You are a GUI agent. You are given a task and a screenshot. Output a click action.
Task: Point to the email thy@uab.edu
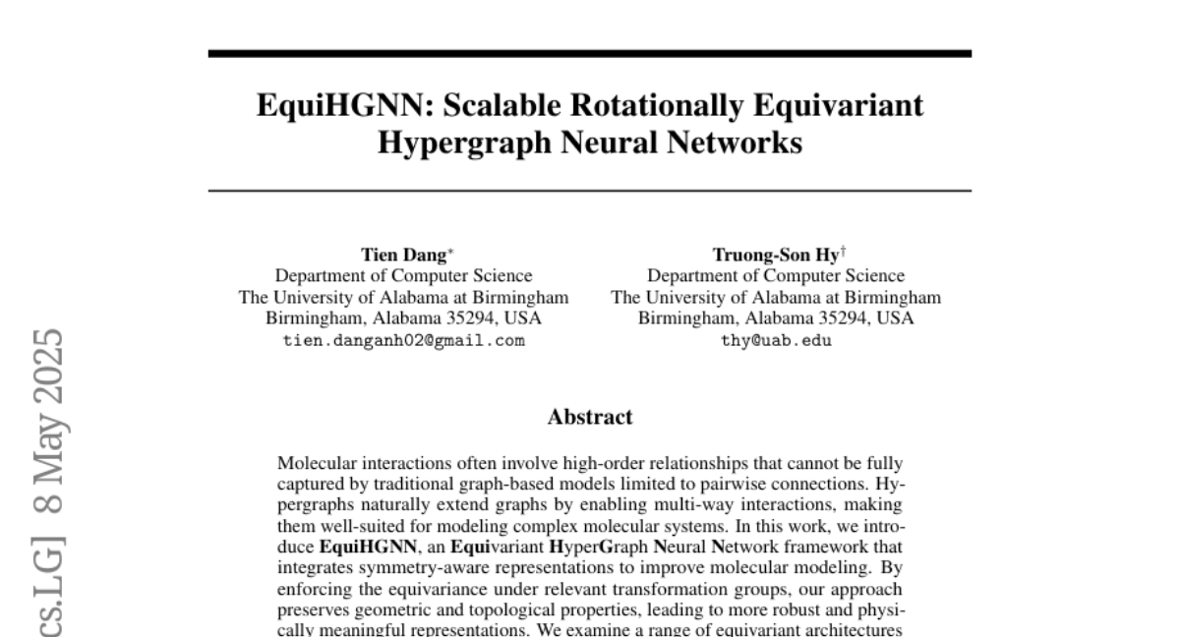(x=776, y=340)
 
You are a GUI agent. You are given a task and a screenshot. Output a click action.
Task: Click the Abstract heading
(x=590, y=418)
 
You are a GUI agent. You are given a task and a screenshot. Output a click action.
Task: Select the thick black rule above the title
(x=590, y=53)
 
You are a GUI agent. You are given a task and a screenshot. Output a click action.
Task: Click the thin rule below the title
(x=590, y=190)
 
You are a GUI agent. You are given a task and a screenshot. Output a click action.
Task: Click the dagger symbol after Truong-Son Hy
(x=842, y=252)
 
